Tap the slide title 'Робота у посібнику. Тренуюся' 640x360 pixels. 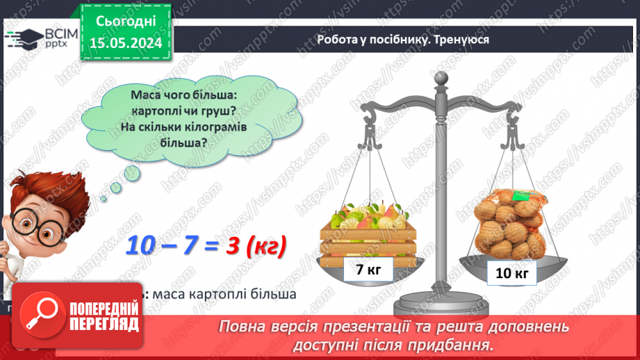[403, 40]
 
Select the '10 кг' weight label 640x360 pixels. [512, 273]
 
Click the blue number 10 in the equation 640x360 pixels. [143, 247]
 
